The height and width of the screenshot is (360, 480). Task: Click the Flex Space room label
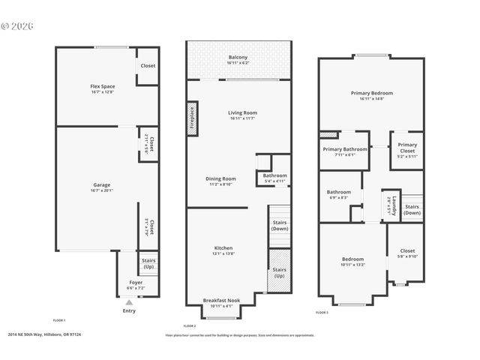click(102, 87)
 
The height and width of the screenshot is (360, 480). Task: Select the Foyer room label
click(136, 283)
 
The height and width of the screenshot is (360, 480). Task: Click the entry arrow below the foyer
click(128, 301)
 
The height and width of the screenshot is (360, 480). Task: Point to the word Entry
click(129, 310)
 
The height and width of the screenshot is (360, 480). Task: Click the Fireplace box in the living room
click(192, 121)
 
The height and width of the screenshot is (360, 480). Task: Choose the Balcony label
click(238, 58)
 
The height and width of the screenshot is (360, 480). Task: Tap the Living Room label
click(242, 113)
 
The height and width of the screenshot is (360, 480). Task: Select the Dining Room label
click(221, 178)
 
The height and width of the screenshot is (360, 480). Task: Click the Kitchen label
click(223, 247)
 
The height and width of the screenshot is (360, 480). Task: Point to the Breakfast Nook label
click(221, 300)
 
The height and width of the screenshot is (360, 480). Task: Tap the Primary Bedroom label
click(371, 93)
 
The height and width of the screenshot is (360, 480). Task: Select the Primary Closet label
click(407, 148)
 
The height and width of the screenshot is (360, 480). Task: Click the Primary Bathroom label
click(345, 149)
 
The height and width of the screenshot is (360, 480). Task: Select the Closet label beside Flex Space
click(148, 66)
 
